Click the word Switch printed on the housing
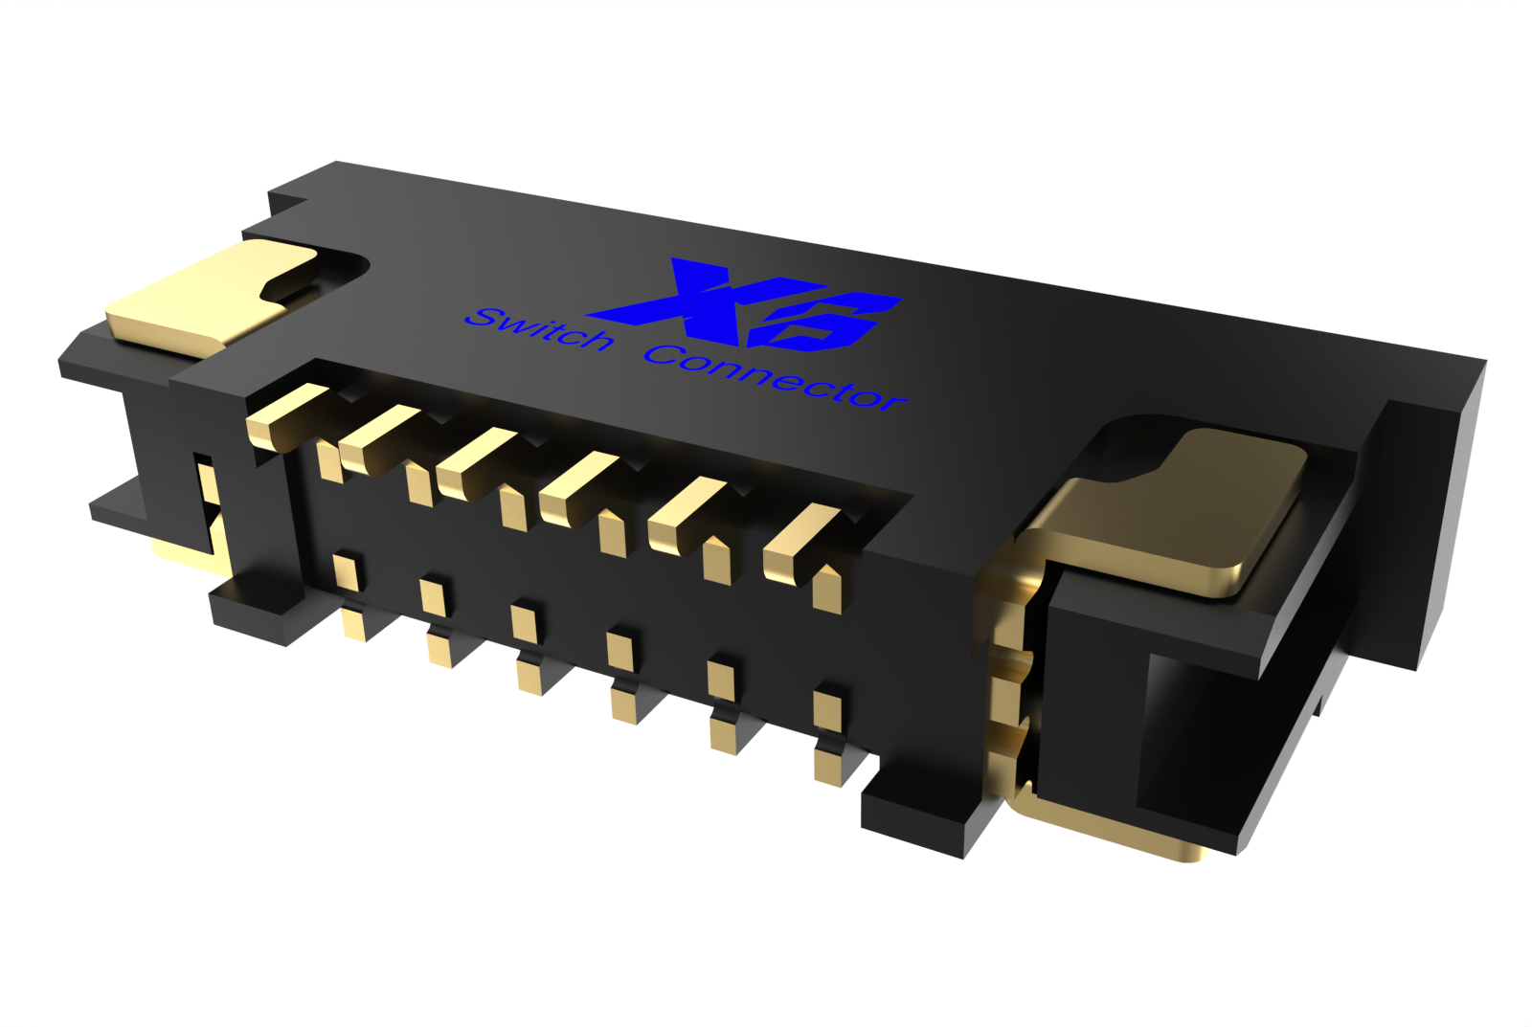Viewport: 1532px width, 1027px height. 538,329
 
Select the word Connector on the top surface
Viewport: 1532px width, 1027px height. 776,379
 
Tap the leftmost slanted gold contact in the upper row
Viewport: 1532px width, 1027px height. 287,413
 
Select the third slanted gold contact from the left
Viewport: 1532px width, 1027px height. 476,462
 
